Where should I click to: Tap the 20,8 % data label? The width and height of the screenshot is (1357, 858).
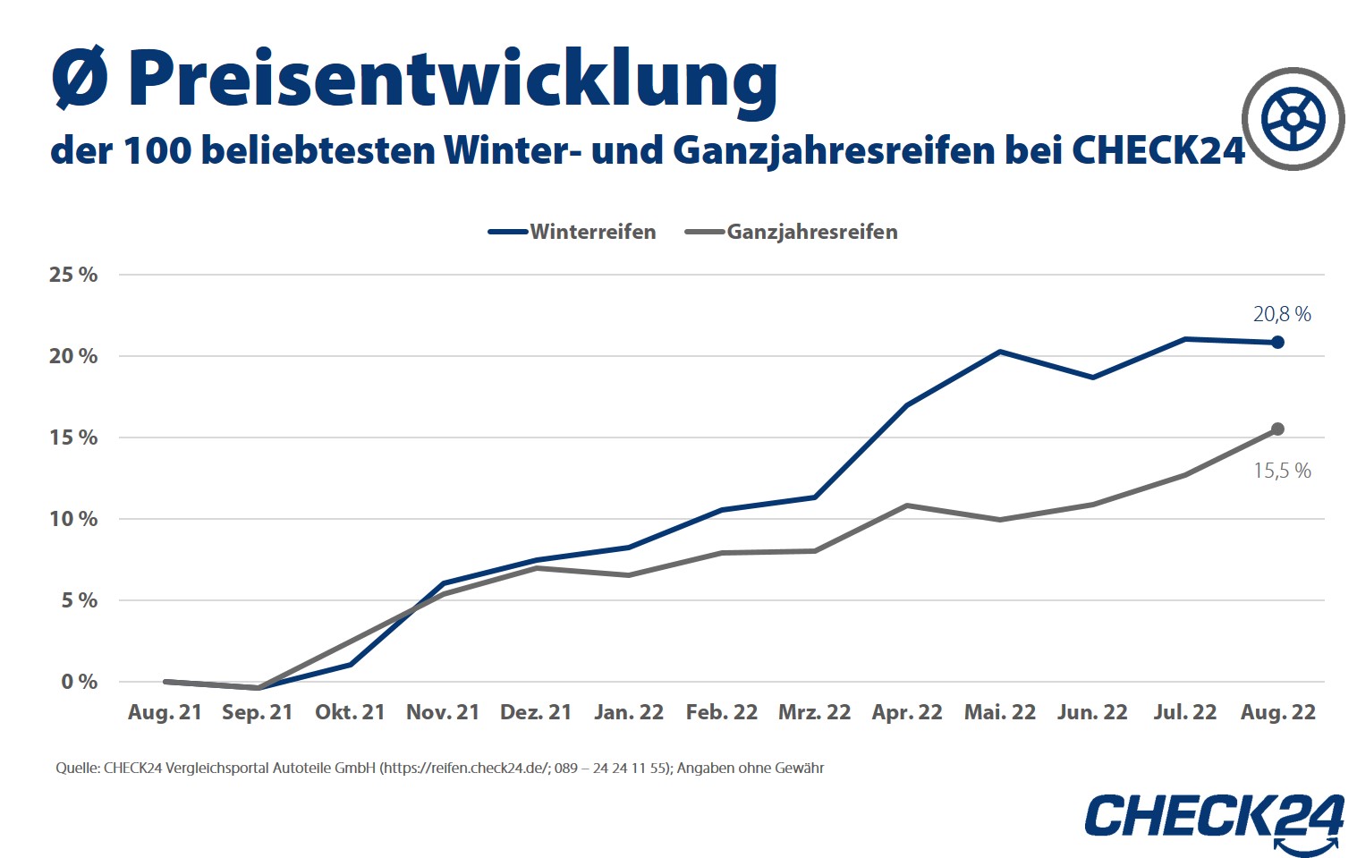[1281, 314]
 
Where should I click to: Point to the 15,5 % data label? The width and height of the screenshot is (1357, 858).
[1281, 471]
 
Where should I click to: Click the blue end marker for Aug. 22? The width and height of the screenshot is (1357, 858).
[1277, 343]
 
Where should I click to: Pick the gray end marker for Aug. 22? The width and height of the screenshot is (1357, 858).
[1277, 429]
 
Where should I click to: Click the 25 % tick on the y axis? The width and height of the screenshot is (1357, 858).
[73, 275]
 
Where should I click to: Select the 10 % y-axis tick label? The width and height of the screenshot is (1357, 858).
[73, 519]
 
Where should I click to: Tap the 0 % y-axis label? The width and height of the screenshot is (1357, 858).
[79, 682]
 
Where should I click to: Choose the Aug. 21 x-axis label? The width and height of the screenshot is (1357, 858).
[165, 712]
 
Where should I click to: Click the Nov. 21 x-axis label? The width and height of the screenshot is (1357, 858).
[443, 712]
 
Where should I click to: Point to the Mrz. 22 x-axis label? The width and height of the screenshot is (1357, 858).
[814, 712]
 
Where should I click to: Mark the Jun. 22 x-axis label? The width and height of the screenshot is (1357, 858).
[1091, 712]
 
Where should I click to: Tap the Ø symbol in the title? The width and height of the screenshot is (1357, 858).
[80, 79]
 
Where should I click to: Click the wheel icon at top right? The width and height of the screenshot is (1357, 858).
[1293, 119]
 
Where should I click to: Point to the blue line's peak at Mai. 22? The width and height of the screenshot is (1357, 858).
[999, 352]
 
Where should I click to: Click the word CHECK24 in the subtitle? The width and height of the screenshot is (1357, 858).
[1158, 150]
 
